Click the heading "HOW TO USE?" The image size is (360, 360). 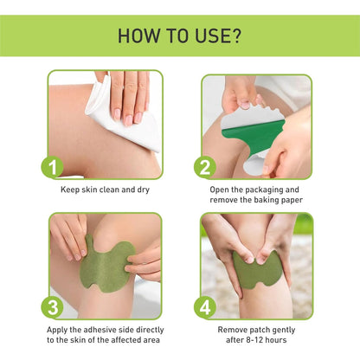coord(179,35)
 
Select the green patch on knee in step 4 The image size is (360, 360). coord(257,269)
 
